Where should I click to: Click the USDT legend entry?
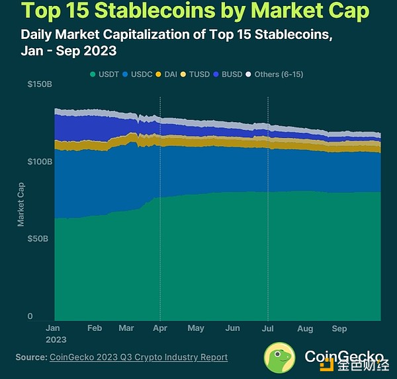pyautogui.click(x=107, y=75)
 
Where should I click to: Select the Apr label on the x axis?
pyautogui.click(x=160, y=328)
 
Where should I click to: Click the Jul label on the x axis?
pyautogui.click(x=268, y=328)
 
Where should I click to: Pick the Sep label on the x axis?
pyautogui.click(x=339, y=328)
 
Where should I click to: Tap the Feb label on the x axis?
pyautogui.click(x=95, y=328)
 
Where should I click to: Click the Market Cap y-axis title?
pyautogui.click(x=21, y=204)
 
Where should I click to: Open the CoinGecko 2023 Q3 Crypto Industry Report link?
pyautogui.click(x=138, y=357)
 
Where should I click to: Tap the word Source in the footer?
pyautogui.click(x=30, y=357)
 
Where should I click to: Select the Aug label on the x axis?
pyautogui.click(x=305, y=328)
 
